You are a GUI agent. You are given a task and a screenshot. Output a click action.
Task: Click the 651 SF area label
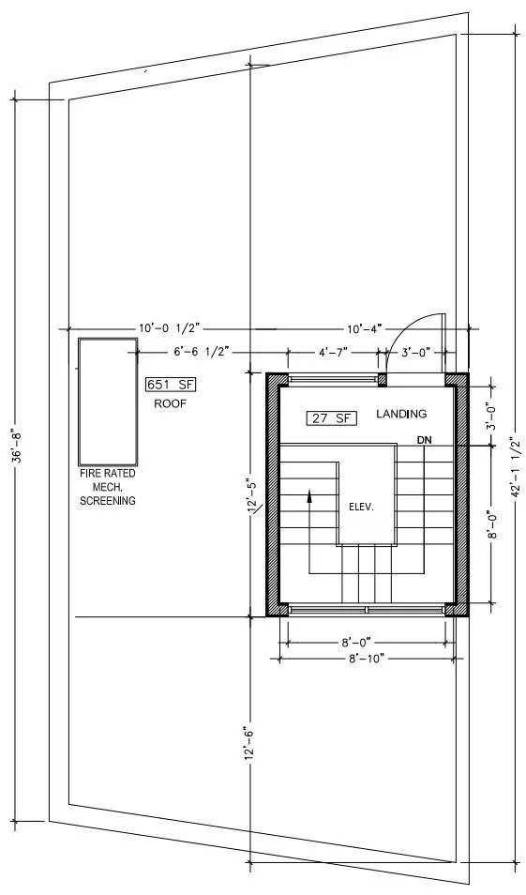170,385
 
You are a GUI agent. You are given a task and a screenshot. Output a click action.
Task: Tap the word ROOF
171,403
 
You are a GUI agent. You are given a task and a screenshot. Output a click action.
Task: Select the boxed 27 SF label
330,418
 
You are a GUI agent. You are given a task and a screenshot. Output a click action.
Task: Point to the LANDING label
401,414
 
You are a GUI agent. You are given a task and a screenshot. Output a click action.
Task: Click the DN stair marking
424,439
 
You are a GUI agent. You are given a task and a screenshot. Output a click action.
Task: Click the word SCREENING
107,501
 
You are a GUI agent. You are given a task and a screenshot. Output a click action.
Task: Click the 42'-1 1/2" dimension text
514,460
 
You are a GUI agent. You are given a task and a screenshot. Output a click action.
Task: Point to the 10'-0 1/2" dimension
170,328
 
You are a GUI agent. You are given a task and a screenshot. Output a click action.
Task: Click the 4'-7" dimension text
335,354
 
